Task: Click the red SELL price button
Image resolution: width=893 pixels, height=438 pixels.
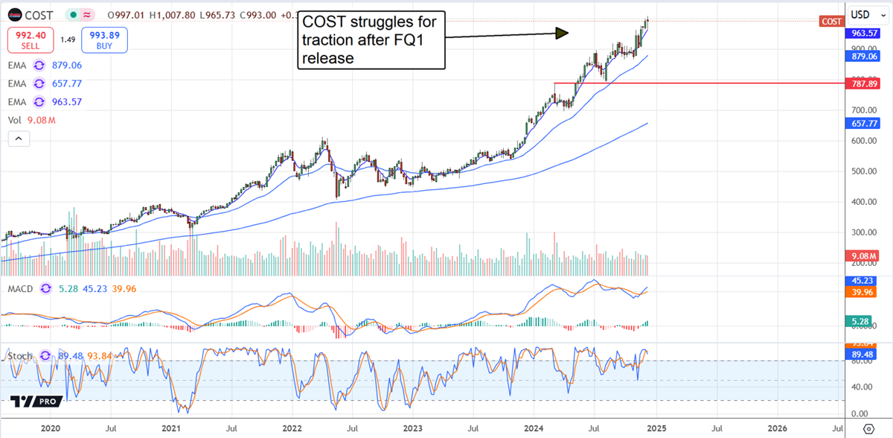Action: (x=30, y=39)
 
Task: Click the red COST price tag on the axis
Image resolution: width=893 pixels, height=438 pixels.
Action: (x=830, y=22)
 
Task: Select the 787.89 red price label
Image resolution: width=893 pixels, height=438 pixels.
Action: (x=863, y=84)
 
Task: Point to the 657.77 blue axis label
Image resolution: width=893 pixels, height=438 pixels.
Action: (x=863, y=122)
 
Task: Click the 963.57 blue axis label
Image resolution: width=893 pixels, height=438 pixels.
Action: (x=863, y=34)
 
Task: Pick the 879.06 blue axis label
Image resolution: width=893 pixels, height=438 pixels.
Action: (x=863, y=55)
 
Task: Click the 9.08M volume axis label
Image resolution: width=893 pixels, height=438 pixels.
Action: (x=863, y=256)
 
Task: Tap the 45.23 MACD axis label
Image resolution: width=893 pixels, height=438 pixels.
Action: (x=863, y=281)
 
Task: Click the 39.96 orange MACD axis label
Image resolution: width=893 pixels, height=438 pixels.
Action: (x=863, y=293)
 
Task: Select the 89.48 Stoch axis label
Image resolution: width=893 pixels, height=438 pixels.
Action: (x=863, y=355)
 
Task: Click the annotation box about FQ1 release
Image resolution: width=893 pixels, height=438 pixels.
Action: (x=371, y=40)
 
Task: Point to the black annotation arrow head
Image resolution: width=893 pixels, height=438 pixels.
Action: (x=563, y=32)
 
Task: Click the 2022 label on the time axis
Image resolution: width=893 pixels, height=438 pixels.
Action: (x=292, y=429)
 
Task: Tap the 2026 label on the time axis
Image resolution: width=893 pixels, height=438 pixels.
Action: (x=778, y=429)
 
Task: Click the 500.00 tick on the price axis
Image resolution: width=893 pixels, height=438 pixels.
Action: (x=862, y=171)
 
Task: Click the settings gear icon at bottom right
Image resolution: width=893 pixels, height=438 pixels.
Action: (x=868, y=429)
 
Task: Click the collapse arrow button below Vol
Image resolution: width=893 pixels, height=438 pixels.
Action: (x=19, y=139)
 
